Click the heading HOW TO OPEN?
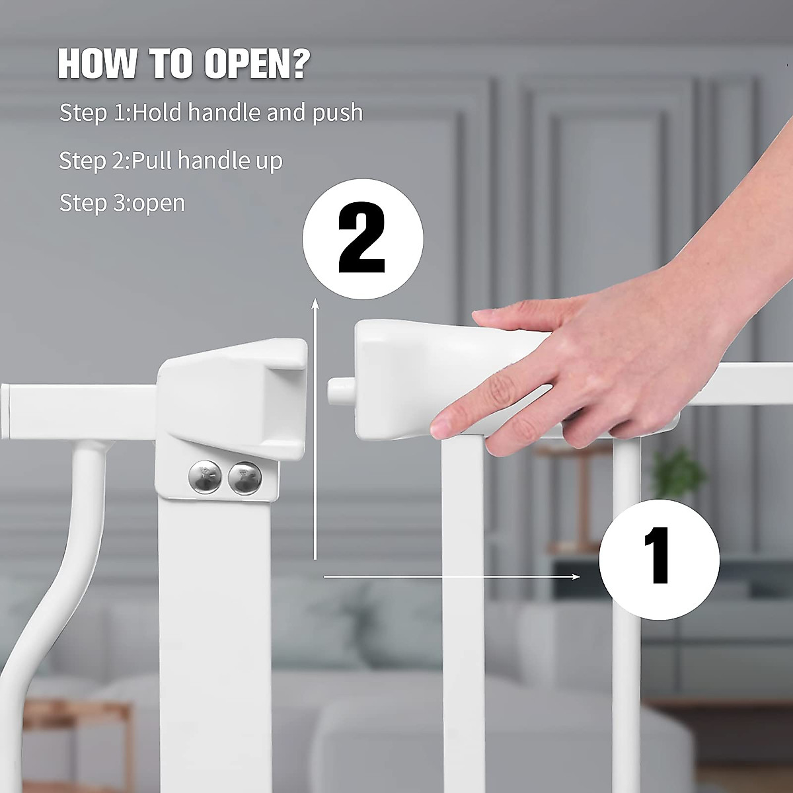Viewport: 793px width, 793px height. click(x=184, y=63)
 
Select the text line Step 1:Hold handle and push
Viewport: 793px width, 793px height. click(x=211, y=112)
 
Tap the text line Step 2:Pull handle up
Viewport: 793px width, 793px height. click(x=170, y=161)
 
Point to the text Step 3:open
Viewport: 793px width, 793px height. click(x=122, y=202)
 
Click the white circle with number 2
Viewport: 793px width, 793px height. click(x=362, y=239)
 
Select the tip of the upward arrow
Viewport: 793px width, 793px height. click(x=316, y=301)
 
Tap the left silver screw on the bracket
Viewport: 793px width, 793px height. click(x=206, y=477)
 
